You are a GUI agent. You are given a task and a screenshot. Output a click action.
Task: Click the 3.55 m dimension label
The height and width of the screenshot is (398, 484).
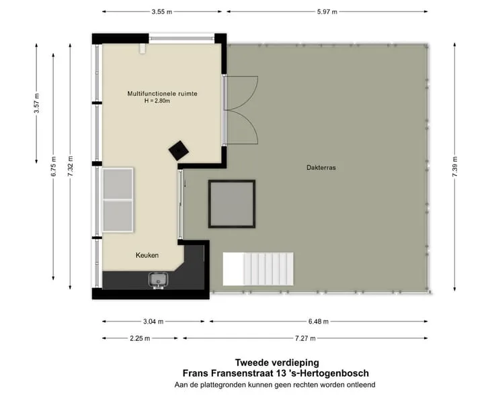(x=162, y=12)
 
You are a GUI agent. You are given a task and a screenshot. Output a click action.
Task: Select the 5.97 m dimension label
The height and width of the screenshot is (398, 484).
(x=327, y=12)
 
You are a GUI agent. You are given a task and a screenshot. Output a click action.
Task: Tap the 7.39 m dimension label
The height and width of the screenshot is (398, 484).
(x=454, y=166)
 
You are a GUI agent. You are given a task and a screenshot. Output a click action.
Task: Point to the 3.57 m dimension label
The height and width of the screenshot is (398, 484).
(x=36, y=103)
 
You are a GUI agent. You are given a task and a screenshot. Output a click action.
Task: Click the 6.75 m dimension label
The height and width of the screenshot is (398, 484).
(x=53, y=166)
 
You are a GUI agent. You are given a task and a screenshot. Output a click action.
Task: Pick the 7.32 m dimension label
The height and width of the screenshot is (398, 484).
(x=71, y=166)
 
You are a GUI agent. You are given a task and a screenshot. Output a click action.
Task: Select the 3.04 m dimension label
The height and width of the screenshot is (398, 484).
(x=153, y=321)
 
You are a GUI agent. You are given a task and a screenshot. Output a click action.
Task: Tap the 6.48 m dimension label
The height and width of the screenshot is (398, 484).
(x=319, y=321)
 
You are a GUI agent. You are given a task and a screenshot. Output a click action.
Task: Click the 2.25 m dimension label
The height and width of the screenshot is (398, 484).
(x=140, y=338)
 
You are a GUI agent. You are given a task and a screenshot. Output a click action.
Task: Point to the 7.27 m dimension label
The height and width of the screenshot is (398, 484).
(x=305, y=338)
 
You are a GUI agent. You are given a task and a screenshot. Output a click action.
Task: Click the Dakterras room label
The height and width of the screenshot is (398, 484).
(x=321, y=168)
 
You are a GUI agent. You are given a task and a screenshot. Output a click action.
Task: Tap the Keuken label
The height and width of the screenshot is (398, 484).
(x=147, y=255)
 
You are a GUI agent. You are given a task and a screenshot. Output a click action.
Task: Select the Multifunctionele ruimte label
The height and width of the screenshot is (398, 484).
(x=163, y=93)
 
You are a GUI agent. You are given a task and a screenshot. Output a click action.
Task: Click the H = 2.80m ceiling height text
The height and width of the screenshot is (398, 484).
(x=157, y=101)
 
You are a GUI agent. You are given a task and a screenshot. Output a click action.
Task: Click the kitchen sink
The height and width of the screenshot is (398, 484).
(x=158, y=280)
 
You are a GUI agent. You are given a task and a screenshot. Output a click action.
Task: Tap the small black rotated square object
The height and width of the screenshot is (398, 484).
(x=179, y=150)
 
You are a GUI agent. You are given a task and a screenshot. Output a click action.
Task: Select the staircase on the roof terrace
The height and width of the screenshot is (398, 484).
(x=258, y=269)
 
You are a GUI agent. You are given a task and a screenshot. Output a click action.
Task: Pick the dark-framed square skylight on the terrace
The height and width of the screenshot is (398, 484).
(x=232, y=204)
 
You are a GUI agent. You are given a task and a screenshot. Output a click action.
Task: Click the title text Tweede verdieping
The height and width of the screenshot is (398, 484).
(x=277, y=362)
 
